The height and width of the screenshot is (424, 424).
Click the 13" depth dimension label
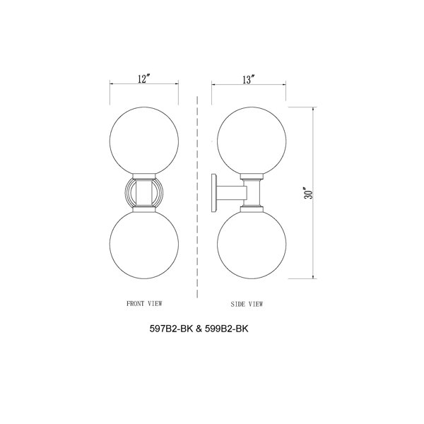point(248,80)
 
